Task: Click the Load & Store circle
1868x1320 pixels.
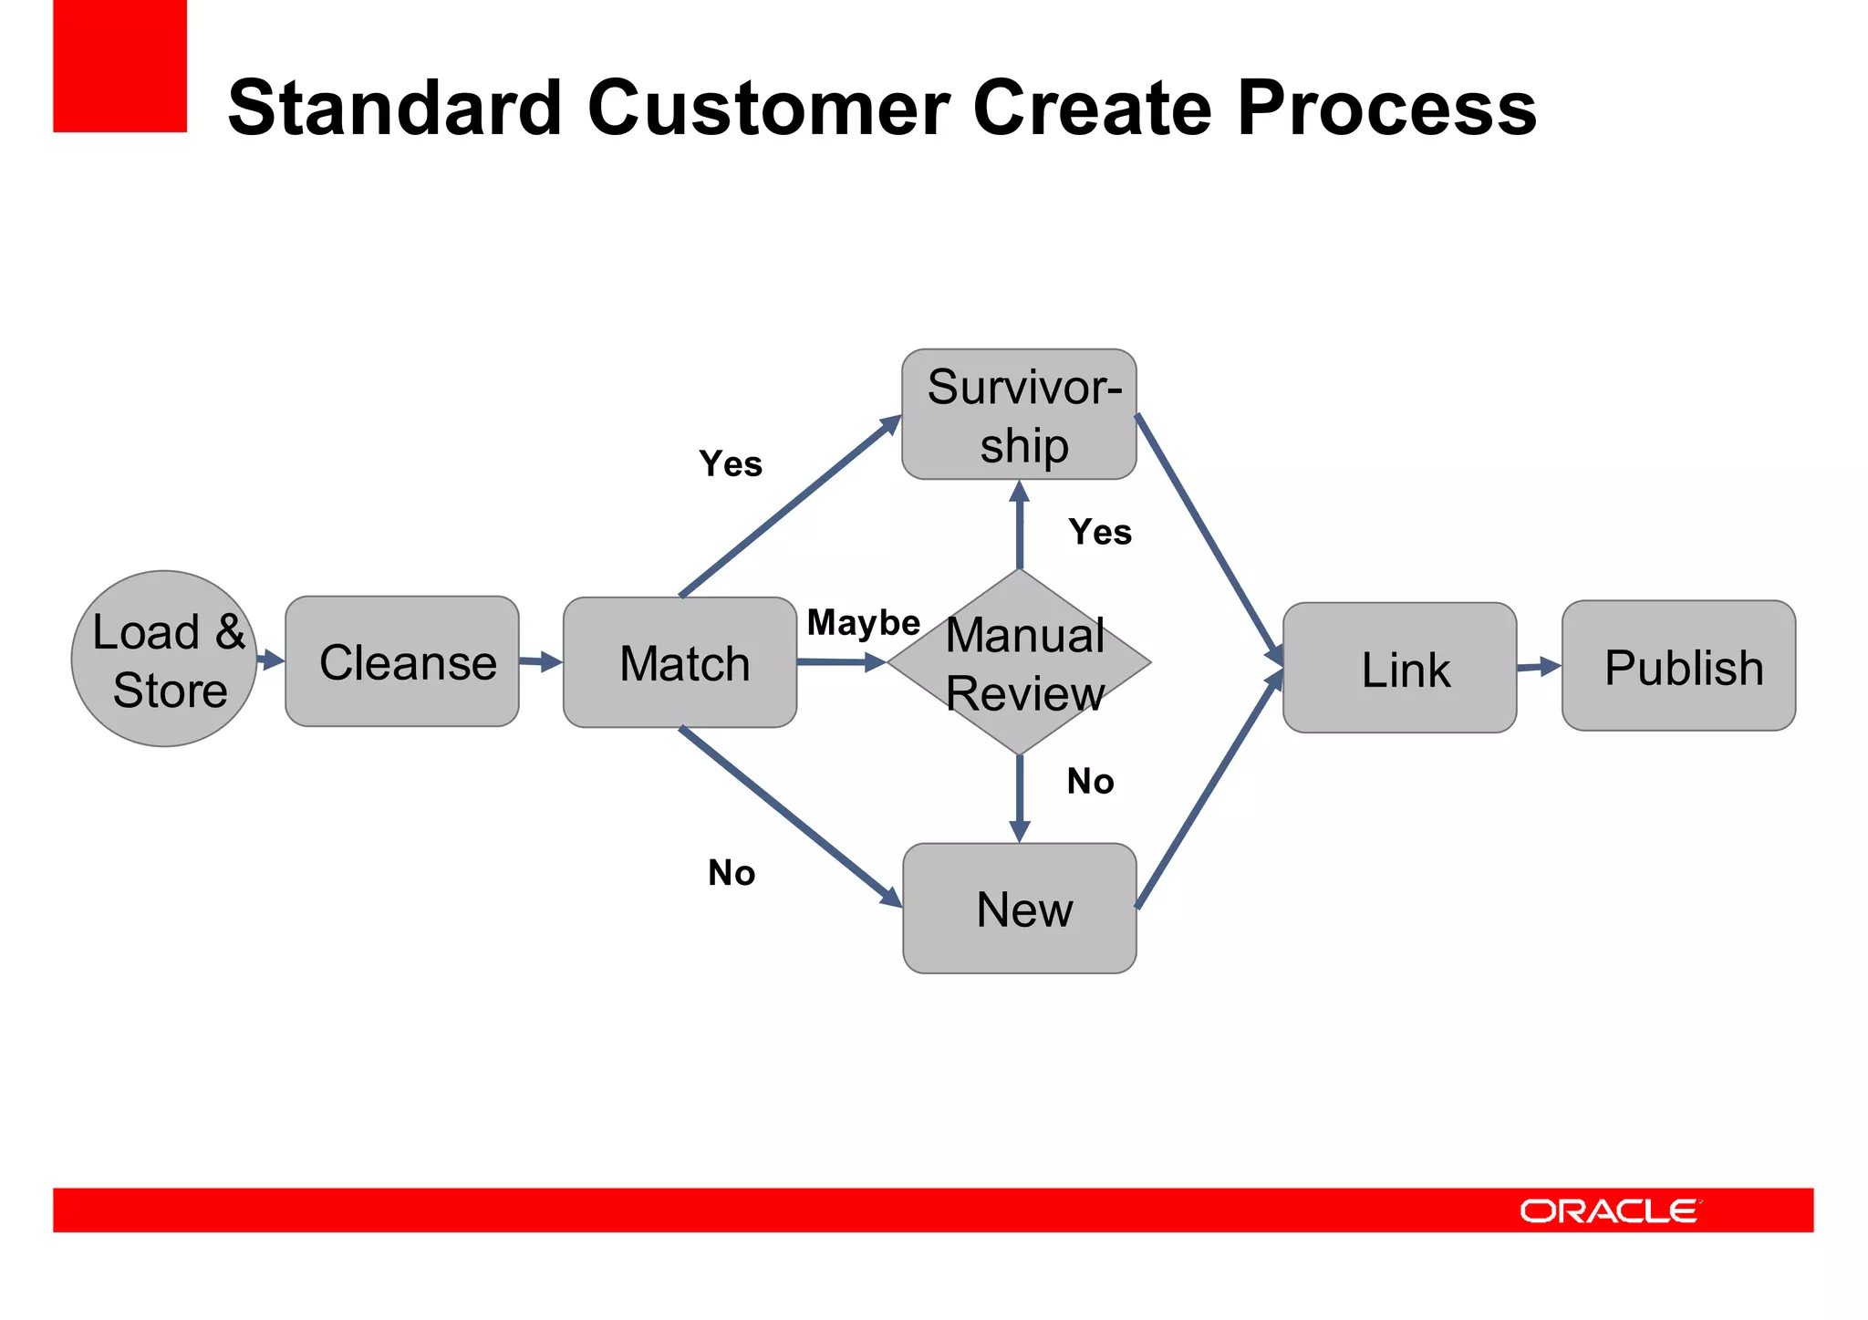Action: coord(164,659)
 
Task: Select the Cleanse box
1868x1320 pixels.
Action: coord(402,661)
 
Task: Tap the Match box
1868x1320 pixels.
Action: coord(680,662)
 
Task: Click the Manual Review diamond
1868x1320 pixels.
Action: coord(1020,663)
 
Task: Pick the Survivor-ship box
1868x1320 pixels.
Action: coord(1019,414)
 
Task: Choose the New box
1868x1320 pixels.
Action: coord(1020,909)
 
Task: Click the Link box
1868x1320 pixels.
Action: coord(1399,668)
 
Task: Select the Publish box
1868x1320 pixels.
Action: coord(1678,666)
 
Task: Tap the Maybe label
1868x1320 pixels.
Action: coord(863,623)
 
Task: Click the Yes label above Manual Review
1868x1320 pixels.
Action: coord(1100,532)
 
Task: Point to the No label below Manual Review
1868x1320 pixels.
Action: coord(1090,782)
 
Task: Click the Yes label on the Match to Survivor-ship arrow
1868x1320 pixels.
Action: coord(731,464)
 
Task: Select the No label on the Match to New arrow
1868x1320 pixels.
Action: coord(732,874)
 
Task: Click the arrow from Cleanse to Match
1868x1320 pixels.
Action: coord(541,661)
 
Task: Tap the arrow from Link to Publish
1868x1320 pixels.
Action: coord(1539,667)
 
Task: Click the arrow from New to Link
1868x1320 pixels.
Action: coord(1209,792)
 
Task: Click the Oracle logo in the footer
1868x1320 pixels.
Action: coord(1610,1211)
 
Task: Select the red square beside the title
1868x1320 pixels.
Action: coord(119,66)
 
